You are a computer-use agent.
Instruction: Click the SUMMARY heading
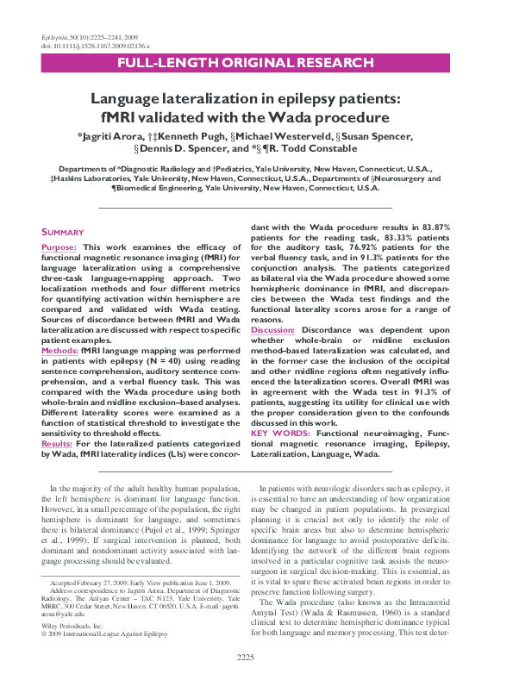click(x=63, y=232)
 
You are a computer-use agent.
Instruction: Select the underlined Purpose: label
click(x=59, y=247)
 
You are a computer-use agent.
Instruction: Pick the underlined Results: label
click(x=58, y=444)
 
